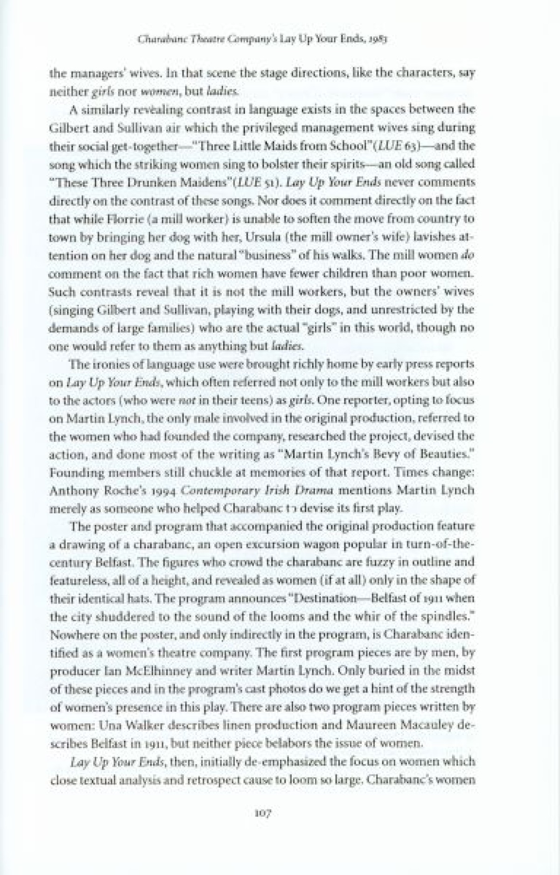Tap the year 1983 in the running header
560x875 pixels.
(379, 41)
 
